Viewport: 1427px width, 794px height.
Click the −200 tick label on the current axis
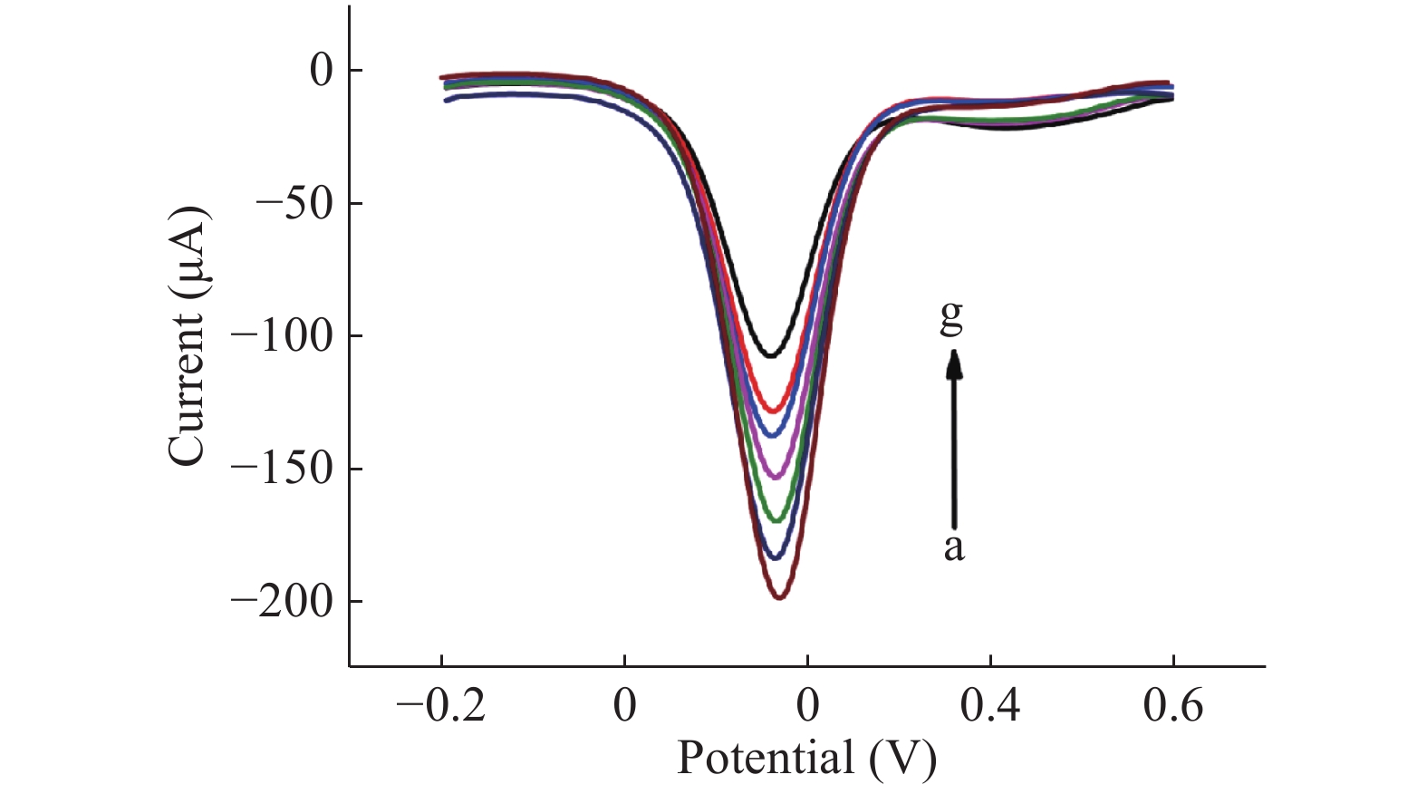pos(282,602)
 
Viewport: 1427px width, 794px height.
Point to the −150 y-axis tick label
pos(282,470)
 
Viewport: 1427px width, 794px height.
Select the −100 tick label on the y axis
pos(282,336)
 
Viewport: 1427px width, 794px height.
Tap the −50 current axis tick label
pos(294,204)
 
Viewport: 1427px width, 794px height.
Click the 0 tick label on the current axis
pos(322,71)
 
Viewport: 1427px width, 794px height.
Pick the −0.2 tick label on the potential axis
pos(441,705)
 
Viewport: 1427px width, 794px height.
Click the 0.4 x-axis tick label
pos(990,705)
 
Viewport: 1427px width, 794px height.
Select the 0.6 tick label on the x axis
pos(1173,705)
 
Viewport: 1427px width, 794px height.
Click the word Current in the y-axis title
pos(188,390)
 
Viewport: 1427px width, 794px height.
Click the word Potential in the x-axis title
pos(765,758)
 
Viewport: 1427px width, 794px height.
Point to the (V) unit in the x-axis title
pos(902,758)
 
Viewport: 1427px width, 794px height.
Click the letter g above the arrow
pos(951,317)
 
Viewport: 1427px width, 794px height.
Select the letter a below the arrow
pos(953,547)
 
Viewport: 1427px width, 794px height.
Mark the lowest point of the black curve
pos(771,355)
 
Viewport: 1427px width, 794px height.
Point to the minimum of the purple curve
pos(775,477)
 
